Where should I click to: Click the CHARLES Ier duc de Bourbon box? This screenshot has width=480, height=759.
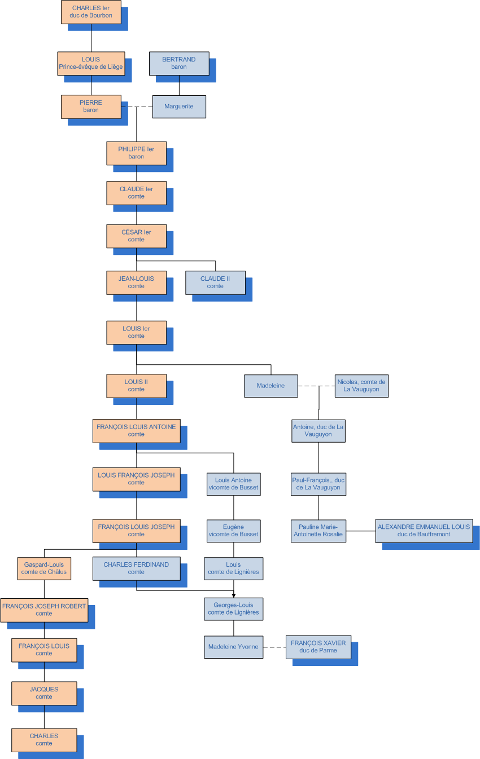tap(91, 12)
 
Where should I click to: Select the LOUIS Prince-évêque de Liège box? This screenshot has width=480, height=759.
tap(91, 63)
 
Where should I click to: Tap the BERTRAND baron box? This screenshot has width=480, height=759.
tap(179, 63)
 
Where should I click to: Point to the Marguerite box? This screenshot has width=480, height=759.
tap(179, 106)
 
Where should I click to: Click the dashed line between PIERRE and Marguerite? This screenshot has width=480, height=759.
tap(137, 106)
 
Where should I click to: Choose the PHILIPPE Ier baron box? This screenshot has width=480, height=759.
tap(136, 153)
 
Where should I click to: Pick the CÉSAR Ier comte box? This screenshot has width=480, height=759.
tap(136, 236)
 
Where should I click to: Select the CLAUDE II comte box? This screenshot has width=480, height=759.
tap(215, 283)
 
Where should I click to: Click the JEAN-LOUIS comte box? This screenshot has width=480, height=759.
tap(136, 283)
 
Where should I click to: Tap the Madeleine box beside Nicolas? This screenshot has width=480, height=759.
tap(270, 386)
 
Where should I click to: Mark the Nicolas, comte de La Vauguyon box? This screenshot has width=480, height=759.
tap(361, 386)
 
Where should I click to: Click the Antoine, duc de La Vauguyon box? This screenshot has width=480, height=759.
tap(318, 431)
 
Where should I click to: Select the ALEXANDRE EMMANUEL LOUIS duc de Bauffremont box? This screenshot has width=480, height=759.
tap(424, 531)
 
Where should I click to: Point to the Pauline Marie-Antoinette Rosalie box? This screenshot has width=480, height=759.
tap(318, 531)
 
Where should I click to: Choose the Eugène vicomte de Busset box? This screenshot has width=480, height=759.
tap(233, 531)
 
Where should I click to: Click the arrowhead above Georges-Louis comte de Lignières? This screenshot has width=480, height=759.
tap(233, 595)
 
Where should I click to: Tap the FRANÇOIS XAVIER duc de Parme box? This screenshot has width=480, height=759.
tap(318, 647)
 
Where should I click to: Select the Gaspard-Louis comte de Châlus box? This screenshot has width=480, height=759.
tap(44, 568)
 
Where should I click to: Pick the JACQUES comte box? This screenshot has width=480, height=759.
tap(44, 693)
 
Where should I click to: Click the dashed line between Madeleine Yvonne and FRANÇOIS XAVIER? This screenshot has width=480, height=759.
tap(274, 647)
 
